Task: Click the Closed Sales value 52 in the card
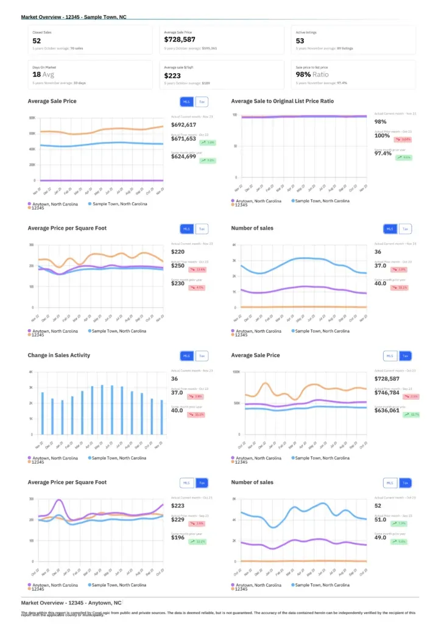pos(37,40)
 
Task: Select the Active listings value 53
pos(300,40)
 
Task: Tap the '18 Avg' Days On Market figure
pos(43,74)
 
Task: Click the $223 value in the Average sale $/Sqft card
pos(172,76)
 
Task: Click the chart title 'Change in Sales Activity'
pos(58,355)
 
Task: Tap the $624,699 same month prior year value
pos(183,157)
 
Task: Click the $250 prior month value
pos(177,266)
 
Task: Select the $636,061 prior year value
pos(387,411)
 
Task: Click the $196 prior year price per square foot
pos(177,537)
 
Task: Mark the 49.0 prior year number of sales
pos(381,537)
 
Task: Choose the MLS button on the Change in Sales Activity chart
pos(186,356)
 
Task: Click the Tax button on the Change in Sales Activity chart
pos(202,356)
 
